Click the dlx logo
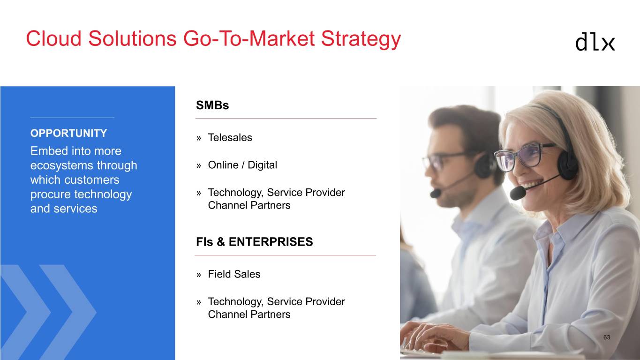point(595,43)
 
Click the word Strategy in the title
point(361,39)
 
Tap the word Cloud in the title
point(54,38)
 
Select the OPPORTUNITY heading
point(68,133)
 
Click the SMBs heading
point(212,105)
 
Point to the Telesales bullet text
point(230,137)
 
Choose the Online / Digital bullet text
point(242,165)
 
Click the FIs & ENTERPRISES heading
point(254,242)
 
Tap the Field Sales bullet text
point(234,274)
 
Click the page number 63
point(607,337)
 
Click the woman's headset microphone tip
point(518,194)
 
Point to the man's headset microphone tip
point(436,194)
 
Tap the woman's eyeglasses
point(525,157)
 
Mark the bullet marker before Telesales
point(199,138)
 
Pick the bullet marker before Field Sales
point(199,275)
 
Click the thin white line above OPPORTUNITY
point(72,118)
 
